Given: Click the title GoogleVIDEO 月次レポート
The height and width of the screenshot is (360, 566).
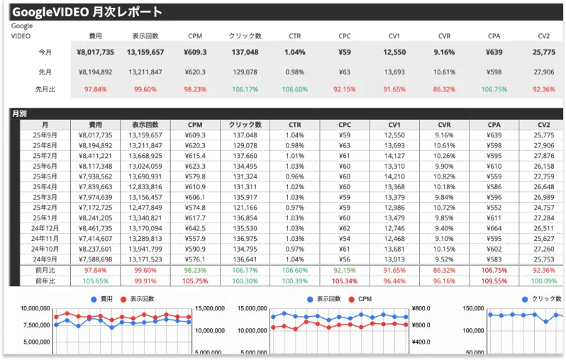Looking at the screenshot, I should [87, 12].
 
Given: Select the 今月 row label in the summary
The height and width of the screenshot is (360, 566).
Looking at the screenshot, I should [45, 52].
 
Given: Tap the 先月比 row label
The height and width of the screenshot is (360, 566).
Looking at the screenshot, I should [45, 90].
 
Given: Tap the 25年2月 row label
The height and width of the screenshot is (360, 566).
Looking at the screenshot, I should [45, 208].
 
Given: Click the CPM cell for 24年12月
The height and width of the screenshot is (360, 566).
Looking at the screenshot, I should [195, 229].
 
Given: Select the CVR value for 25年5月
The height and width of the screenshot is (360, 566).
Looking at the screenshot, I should [444, 176].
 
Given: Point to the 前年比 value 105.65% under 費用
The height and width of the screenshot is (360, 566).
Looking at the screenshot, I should [95, 281].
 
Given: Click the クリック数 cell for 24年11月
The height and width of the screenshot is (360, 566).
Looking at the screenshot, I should [245, 240].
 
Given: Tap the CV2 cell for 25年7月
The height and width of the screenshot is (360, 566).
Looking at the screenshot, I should [543, 156].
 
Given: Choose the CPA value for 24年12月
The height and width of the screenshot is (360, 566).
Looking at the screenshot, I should [494, 229].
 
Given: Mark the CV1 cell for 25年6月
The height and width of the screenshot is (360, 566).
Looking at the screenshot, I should [394, 167].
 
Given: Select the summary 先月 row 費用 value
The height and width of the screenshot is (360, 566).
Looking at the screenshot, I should [95, 72].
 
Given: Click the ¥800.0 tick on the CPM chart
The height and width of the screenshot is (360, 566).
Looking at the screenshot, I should [421, 309].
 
